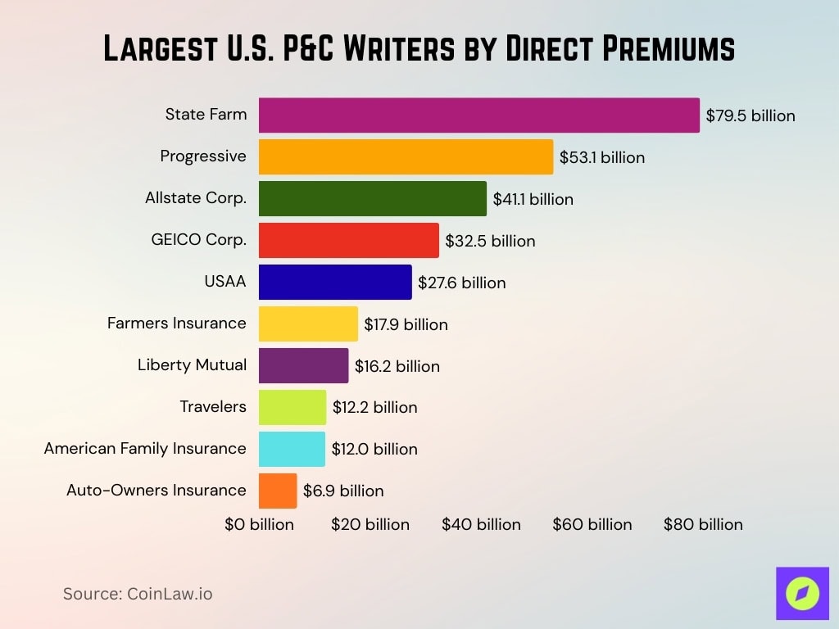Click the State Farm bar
[479, 115]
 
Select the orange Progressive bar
[406, 157]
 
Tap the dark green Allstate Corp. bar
[372, 199]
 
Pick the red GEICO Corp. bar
[348, 241]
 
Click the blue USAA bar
[335, 283]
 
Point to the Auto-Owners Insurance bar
[278, 491]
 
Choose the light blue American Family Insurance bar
[292, 449]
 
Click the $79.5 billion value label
[751, 115]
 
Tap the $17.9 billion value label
[406, 324]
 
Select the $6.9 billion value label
[343, 491]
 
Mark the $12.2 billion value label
[374, 407]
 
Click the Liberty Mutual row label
[192, 365]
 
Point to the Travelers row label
[213, 406]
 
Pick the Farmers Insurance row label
[177, 324]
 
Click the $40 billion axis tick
[481, 524]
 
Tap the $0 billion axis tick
[259, 524]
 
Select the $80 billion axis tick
[703, 524]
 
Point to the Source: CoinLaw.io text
[138, 594]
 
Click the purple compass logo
[802, 593]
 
